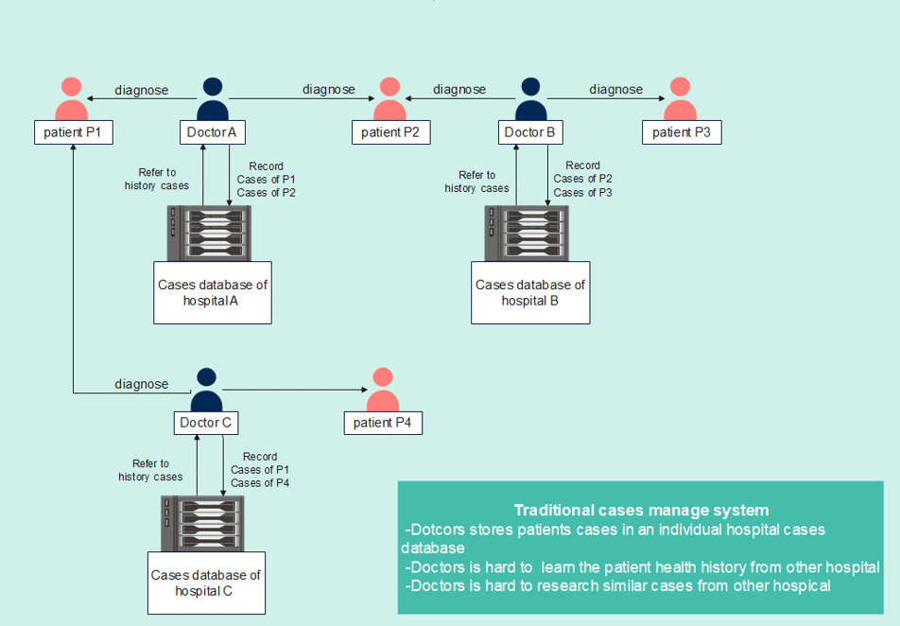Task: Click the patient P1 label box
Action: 74,132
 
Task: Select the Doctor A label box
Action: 213,132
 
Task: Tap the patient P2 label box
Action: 390,132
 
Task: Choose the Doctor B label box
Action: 530,132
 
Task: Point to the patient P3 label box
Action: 682,132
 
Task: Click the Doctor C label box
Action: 206,423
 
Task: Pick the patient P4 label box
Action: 383,423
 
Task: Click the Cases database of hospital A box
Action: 213,293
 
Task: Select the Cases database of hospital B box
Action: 530,293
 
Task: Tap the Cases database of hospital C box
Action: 206,583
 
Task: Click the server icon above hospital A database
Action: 209,234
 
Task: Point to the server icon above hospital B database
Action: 527,234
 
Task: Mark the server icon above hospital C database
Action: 202,523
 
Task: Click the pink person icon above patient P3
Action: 680,98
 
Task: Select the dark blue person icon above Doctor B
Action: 531,98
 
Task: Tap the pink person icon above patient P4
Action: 383,390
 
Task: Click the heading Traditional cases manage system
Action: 641,510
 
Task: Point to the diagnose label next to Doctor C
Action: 141,384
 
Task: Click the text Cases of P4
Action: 260,483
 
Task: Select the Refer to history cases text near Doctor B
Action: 476,182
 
